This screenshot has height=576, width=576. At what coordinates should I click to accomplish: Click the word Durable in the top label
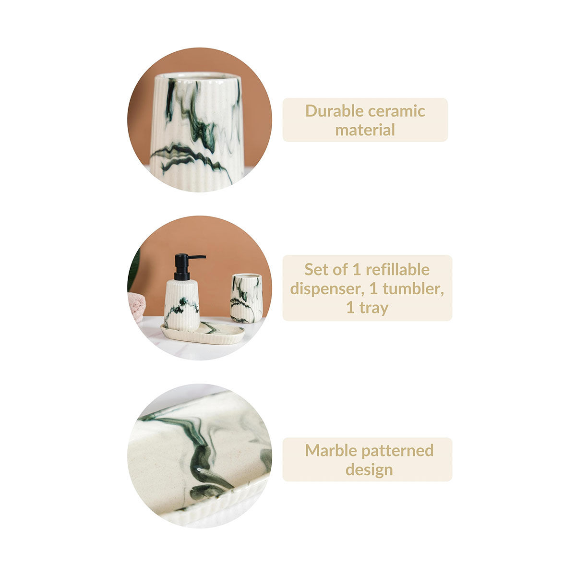334,111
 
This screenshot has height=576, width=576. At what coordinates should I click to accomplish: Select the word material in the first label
365,130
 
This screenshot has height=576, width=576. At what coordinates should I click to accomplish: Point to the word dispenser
327,289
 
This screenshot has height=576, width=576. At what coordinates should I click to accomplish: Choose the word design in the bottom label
369,470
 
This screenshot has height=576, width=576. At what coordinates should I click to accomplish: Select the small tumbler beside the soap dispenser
246,298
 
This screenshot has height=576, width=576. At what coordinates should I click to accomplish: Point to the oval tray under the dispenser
203,332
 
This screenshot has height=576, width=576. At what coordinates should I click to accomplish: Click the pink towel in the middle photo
136,307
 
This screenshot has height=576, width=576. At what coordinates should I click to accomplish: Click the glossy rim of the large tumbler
198,76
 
